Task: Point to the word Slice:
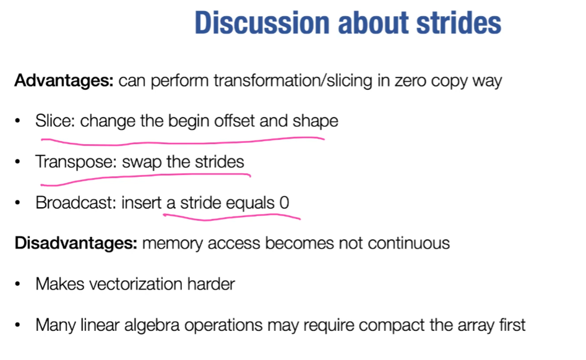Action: pyautogui.click(x=55, y=121)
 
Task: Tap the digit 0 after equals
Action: pyautogui.click(x=285, y=202)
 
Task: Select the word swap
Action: pyautogui.click(x=141, y=162)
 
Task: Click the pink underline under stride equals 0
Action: pyautogui.click(x=232, y=216)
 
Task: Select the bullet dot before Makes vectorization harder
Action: pyautogui.click(x=19, y=285)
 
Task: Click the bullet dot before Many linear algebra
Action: pyautogui.click(x=19, y=325)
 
